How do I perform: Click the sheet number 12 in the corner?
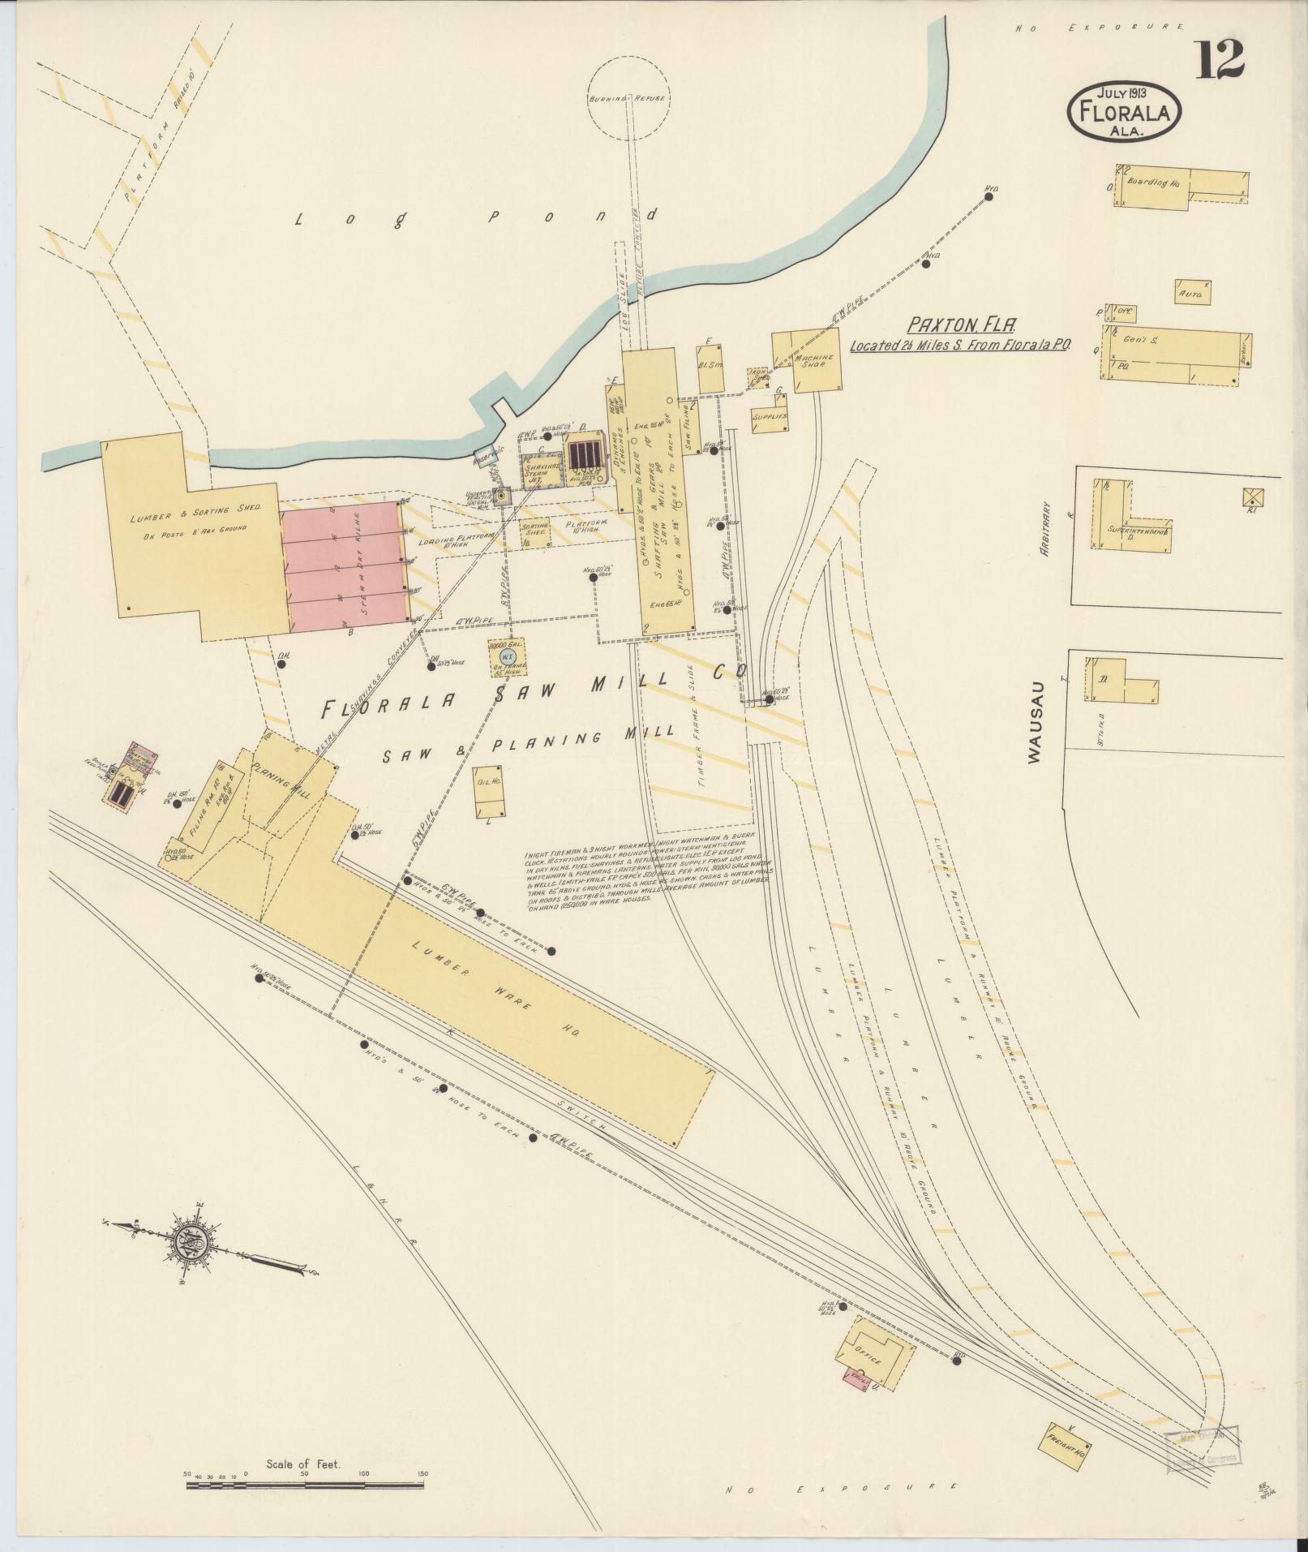coord(1220,58)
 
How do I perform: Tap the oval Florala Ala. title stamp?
coord(1123,112)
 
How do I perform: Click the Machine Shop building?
coord(808,363)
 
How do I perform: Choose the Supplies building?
coord(770,415)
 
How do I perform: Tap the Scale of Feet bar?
coord(305,1487)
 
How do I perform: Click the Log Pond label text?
coord(474,219)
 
